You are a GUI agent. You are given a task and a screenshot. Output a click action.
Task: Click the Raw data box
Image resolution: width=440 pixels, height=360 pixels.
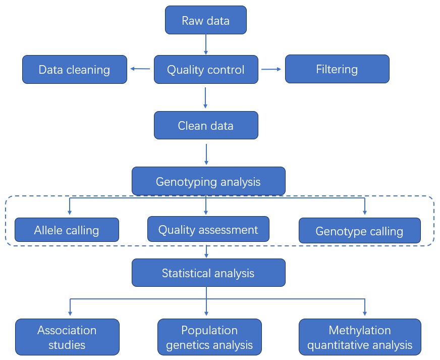click(x=206, y=20)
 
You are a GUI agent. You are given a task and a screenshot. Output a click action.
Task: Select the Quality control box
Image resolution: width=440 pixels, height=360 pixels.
click(x=206, y=69)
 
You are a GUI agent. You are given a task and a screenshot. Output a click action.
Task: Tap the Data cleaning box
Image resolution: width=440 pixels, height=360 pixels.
click(x=75, y=69)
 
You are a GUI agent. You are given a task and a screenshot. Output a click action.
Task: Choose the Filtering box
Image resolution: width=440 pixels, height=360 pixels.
click(x=337, y=69)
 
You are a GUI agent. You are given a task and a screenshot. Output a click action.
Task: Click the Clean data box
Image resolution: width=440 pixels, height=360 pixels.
click(x=206, y=125)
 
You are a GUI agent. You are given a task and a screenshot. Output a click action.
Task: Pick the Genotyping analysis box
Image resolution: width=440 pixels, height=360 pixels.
click(x=208, y=181)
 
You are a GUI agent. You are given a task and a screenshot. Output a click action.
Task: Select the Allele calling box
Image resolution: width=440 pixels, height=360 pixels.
click(x=67, y=230)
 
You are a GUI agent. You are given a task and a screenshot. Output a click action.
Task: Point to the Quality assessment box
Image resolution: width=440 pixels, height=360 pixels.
click(x=208, y=229)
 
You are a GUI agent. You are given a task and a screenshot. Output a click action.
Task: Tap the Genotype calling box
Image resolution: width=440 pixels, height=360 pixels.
click(x=359, y=231)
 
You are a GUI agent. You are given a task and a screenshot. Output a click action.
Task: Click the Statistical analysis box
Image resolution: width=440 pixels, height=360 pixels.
click(x=208, y=273)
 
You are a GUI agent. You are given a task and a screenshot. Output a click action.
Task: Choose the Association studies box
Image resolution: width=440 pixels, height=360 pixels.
click(x=67, y=337)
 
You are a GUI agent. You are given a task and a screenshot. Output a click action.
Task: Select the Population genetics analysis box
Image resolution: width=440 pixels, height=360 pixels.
click(x=209, y=337)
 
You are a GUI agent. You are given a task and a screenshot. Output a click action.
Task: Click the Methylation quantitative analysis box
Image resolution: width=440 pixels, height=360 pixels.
click(x=360, y=337)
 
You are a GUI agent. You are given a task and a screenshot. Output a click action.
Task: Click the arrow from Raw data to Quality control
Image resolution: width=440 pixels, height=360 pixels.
click(x=206, y=44)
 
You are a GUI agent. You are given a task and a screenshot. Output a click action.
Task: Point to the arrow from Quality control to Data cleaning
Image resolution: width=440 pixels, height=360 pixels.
click(x=140, y=69)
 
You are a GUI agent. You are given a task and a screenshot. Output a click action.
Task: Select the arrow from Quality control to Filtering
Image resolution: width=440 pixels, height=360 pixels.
click(x=271, y=69)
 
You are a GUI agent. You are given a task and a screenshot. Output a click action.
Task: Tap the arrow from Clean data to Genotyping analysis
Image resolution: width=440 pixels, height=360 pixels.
click(x=206, y=154)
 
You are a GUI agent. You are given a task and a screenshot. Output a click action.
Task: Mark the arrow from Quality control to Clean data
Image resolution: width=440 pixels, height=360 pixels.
click(x=206, y=97)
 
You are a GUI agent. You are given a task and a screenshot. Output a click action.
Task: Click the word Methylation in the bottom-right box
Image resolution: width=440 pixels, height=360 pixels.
click(x=360, y=330)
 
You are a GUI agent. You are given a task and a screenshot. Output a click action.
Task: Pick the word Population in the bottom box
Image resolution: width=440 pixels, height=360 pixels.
click(x=209, y=330)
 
